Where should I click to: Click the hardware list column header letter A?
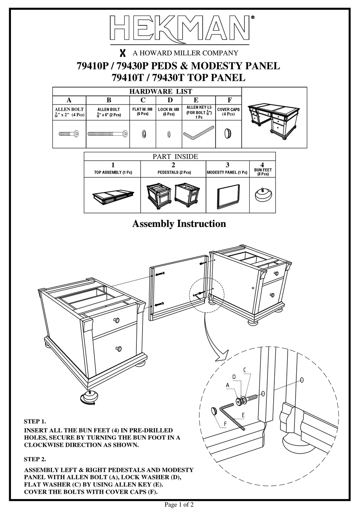click(69, 100)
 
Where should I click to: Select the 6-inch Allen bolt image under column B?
click(108, 134)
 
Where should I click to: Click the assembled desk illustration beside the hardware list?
click(274, 118)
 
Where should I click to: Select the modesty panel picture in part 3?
click(228, 196)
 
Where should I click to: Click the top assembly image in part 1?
click(112, 197)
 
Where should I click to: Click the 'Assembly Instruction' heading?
click(179, 224)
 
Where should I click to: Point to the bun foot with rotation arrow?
click(89, 398)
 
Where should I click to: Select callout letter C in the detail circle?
click(245, 370)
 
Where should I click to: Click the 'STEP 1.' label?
click(35, 421)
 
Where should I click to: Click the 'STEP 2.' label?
click(35, 459)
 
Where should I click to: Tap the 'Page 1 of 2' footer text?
click(179, 504)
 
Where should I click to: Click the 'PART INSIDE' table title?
click(175, 156)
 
